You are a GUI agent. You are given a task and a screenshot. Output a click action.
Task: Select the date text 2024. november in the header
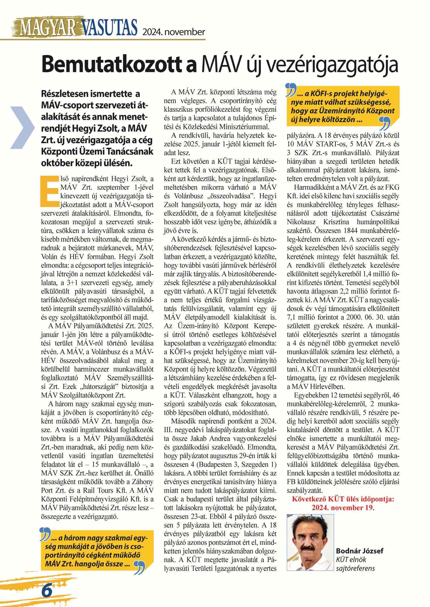(x=174, y=32)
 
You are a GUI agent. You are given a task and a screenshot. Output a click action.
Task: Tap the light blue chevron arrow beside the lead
(x=23, y=127)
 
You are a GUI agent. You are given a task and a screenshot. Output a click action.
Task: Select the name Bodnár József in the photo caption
(x=359, y=551)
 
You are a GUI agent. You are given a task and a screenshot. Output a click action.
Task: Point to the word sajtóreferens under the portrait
(x=355, y=568)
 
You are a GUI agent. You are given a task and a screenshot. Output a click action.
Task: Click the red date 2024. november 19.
(x=343, y=507)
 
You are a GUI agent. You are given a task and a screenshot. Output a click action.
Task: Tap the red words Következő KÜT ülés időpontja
(x=343, y=499)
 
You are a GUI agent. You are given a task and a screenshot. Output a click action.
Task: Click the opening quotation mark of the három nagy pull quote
(x=45, y=534)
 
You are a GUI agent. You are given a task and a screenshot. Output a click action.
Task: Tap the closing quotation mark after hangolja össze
(x=140, y=568)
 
